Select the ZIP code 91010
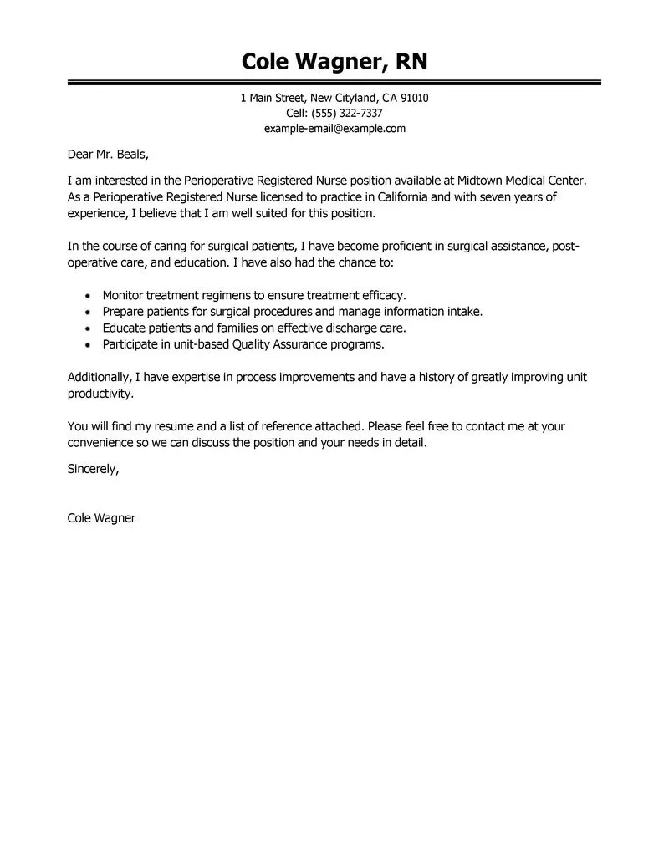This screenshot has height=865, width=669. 414,98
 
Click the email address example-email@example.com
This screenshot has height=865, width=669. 334,128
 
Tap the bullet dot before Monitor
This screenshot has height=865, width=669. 89,296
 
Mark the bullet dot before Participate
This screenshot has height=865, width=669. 89,344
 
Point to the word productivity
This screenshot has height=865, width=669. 100,393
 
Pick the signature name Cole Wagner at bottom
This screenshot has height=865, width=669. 101,517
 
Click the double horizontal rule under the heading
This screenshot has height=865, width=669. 334,82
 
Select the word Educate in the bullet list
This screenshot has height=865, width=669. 125,328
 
